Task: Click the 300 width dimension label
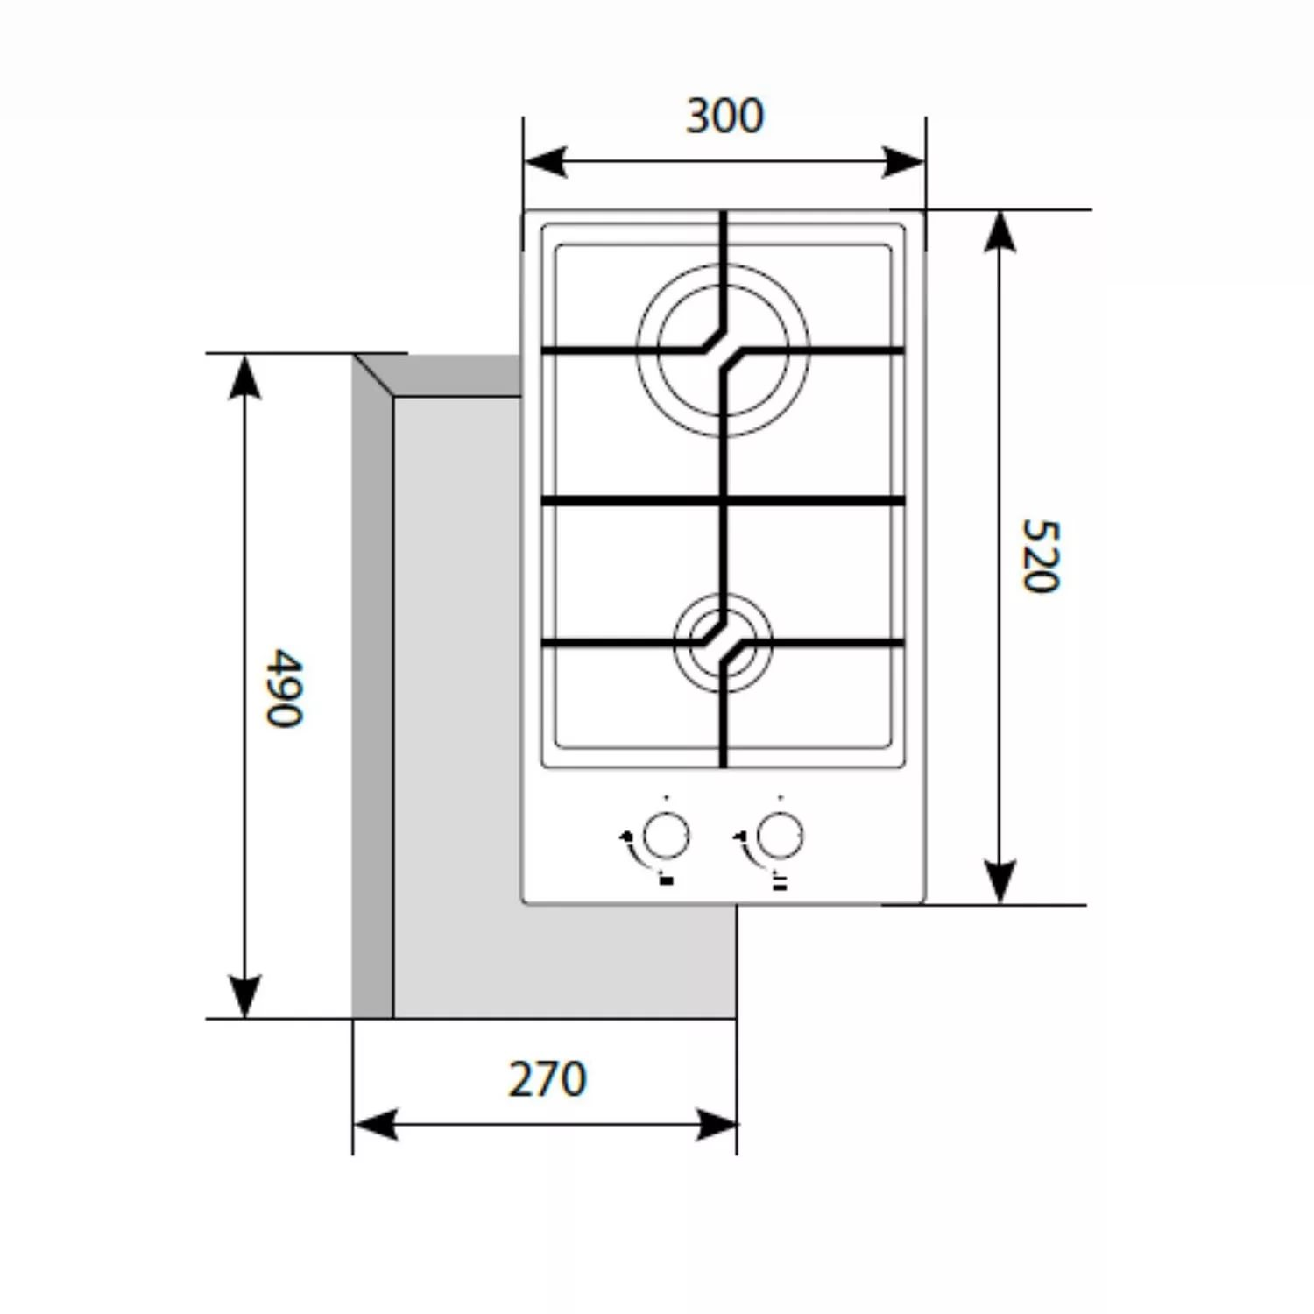724,116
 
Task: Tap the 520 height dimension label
1041,555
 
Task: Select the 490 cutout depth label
285,688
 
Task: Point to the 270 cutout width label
547,1078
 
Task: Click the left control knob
666,835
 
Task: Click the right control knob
779,835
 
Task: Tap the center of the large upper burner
724,350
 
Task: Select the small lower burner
724,643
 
